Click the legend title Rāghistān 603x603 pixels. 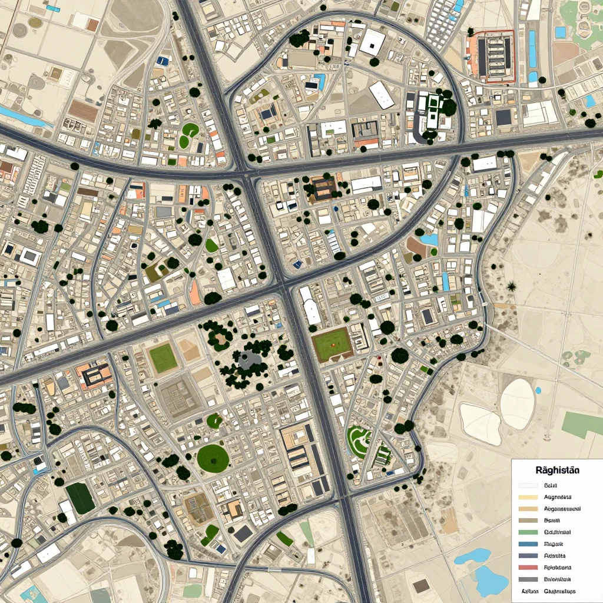coord(557,471)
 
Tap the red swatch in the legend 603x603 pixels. coord(528,568)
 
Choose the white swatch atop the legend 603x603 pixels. coord(528,486)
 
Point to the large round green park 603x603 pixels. coord(213,458)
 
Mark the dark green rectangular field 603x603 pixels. coord(80,498)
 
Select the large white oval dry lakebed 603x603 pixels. coord(517,403)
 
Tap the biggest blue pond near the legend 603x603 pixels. coord(491,581)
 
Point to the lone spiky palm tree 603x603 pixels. coord(511,287)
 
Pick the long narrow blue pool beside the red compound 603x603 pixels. coord(532,48)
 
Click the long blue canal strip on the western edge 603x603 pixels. coord(24,117)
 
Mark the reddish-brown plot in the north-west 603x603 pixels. coord(82,111)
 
